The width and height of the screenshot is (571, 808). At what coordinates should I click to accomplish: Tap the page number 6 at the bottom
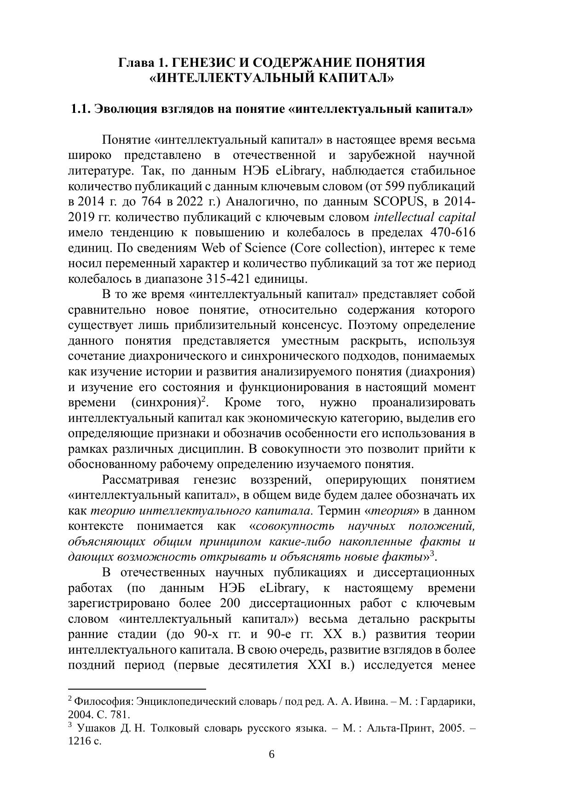(x=271, y=755)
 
